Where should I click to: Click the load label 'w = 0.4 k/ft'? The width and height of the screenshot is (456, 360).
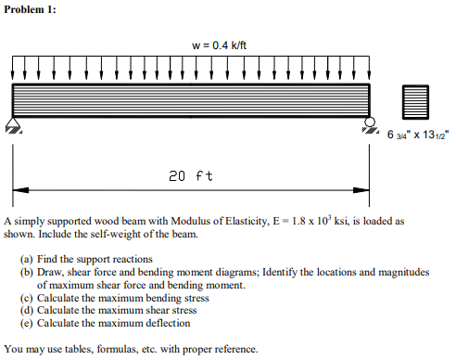[219, 45]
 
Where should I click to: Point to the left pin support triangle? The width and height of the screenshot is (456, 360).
[13, 122]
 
